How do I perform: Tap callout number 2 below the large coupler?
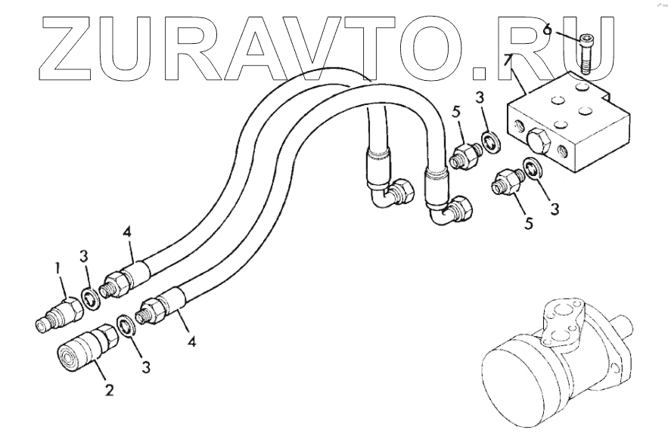[110, 391]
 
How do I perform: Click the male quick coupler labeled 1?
[57, 313]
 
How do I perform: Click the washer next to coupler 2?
[126, 329]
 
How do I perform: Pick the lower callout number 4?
[192, 342]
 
